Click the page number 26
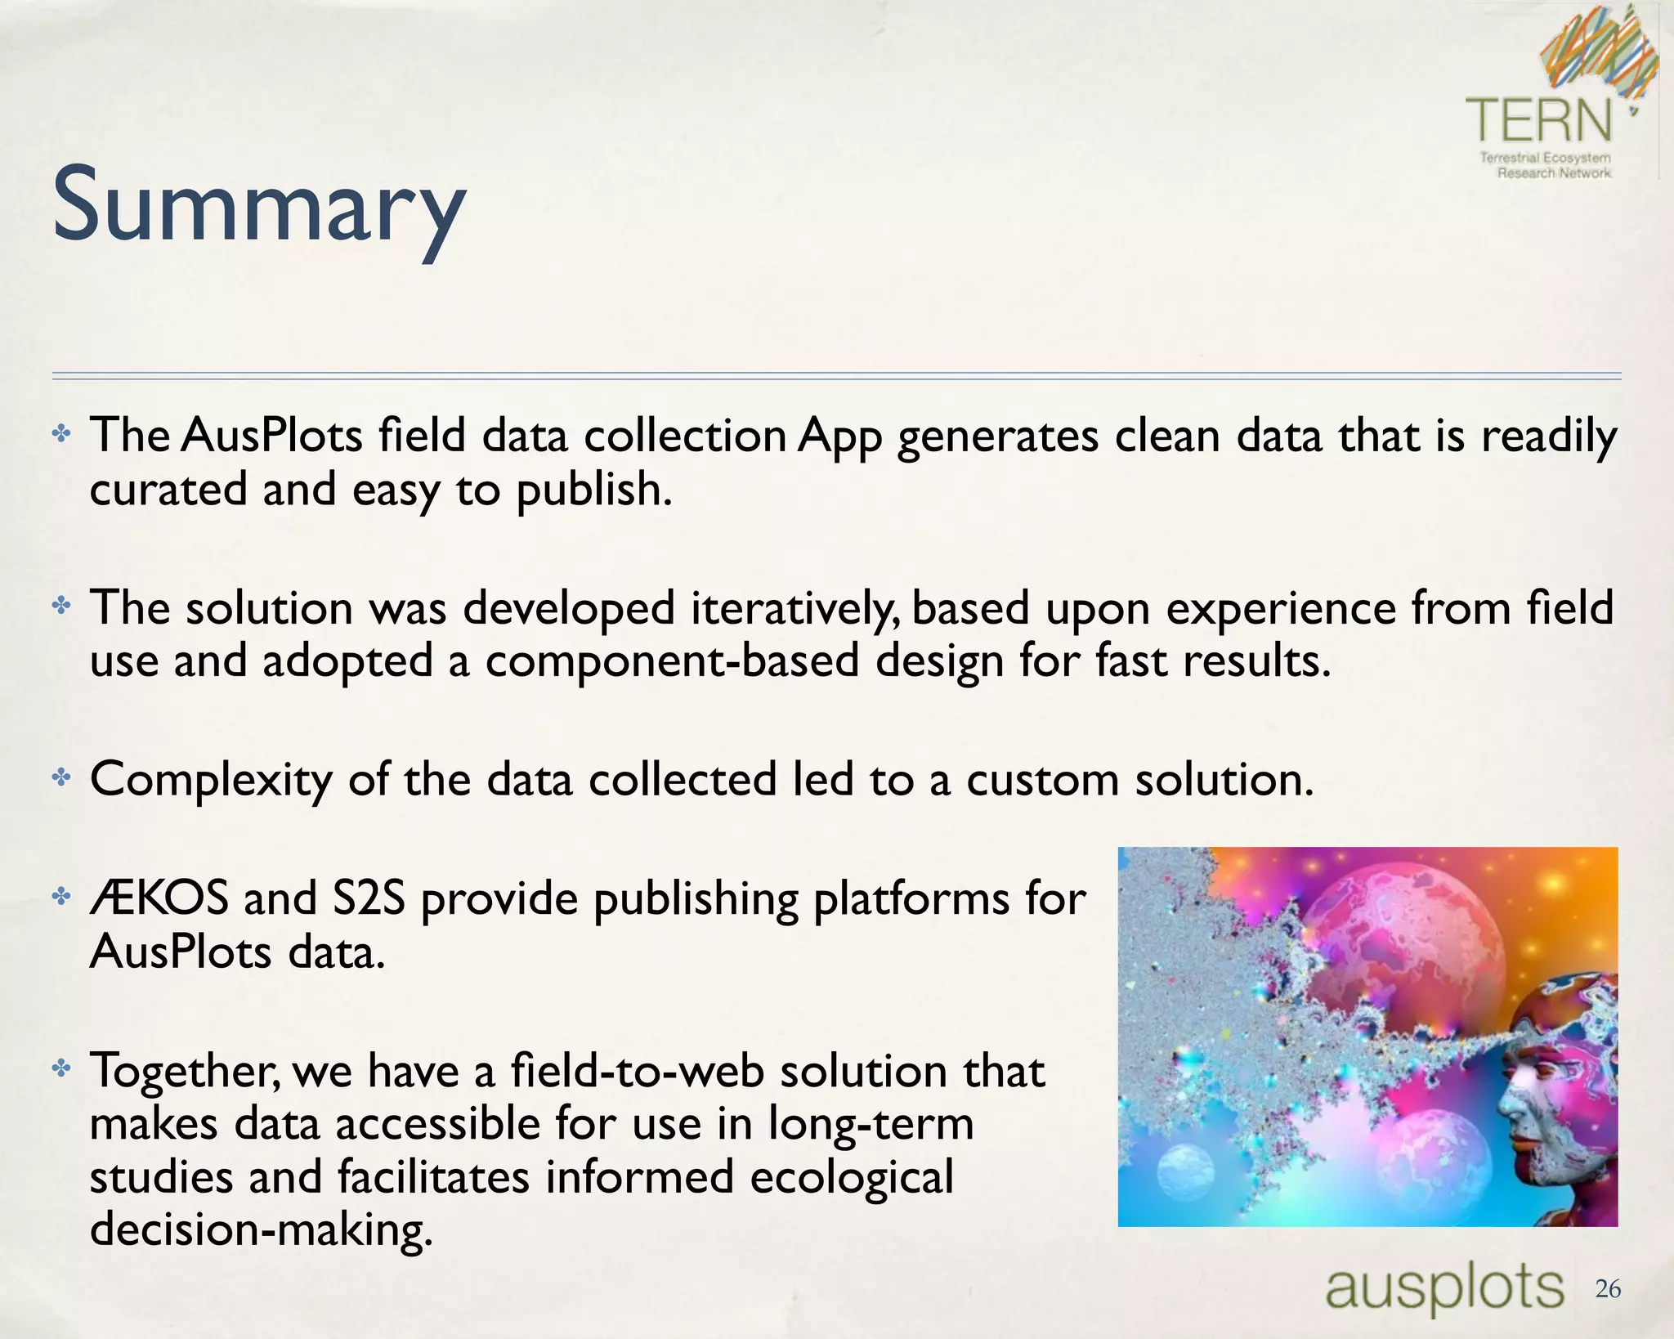[1608, 1289]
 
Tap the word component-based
[672, 661]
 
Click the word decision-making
[260, 1229]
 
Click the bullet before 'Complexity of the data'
[61, 777]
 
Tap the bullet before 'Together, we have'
[61, 1068]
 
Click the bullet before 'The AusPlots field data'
[61, 433]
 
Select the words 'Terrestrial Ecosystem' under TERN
[1545, 158]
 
